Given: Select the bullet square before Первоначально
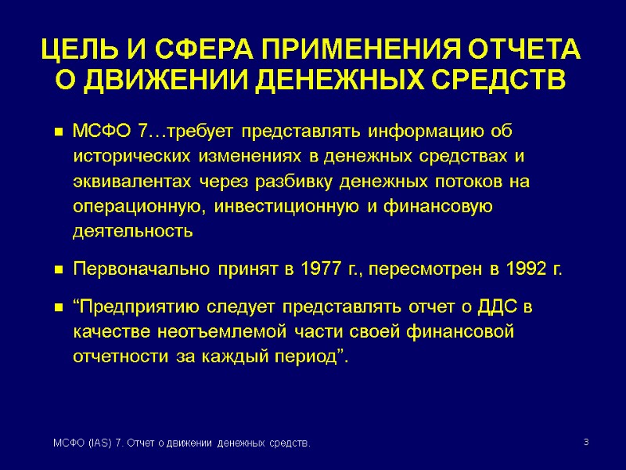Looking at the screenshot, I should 58,271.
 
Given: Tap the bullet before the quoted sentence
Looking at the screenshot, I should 58,306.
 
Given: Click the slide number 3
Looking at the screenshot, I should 585,444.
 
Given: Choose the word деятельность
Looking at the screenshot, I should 131,233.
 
